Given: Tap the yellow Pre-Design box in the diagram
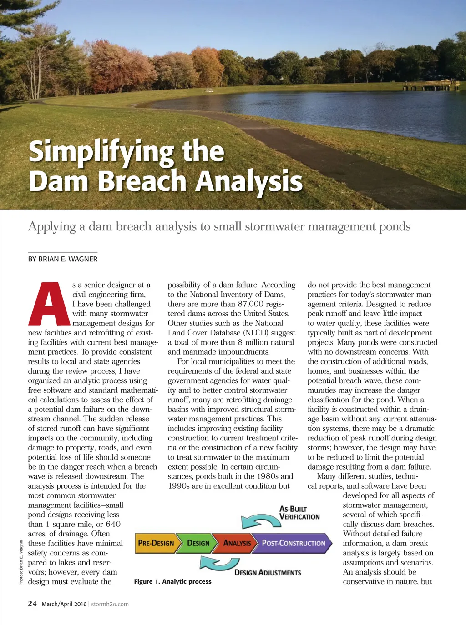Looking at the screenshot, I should (x=156, y=543).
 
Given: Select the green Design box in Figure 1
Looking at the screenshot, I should (x=198, y=543).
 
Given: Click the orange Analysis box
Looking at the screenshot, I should (x=237, y=543).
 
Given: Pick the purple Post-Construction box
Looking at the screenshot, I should (x=294, y=543).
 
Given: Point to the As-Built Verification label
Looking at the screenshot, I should (x=299, y=513).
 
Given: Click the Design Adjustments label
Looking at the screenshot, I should (x=268, y=573).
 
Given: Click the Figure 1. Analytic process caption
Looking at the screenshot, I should (x=172, y=581).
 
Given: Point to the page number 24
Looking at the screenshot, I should (x=32, y=604).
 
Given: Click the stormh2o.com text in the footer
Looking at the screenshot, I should (x=110, y=604).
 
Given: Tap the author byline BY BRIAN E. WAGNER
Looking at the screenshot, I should (x=63, y=259).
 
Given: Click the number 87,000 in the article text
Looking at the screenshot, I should (x=251, y=304).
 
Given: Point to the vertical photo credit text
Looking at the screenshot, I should (x=21, y=562).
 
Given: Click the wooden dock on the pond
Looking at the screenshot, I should (x=431, y=85).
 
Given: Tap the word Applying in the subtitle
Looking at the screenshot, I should (x=52, y=226).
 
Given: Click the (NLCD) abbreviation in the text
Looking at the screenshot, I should (x=257, y=333).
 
